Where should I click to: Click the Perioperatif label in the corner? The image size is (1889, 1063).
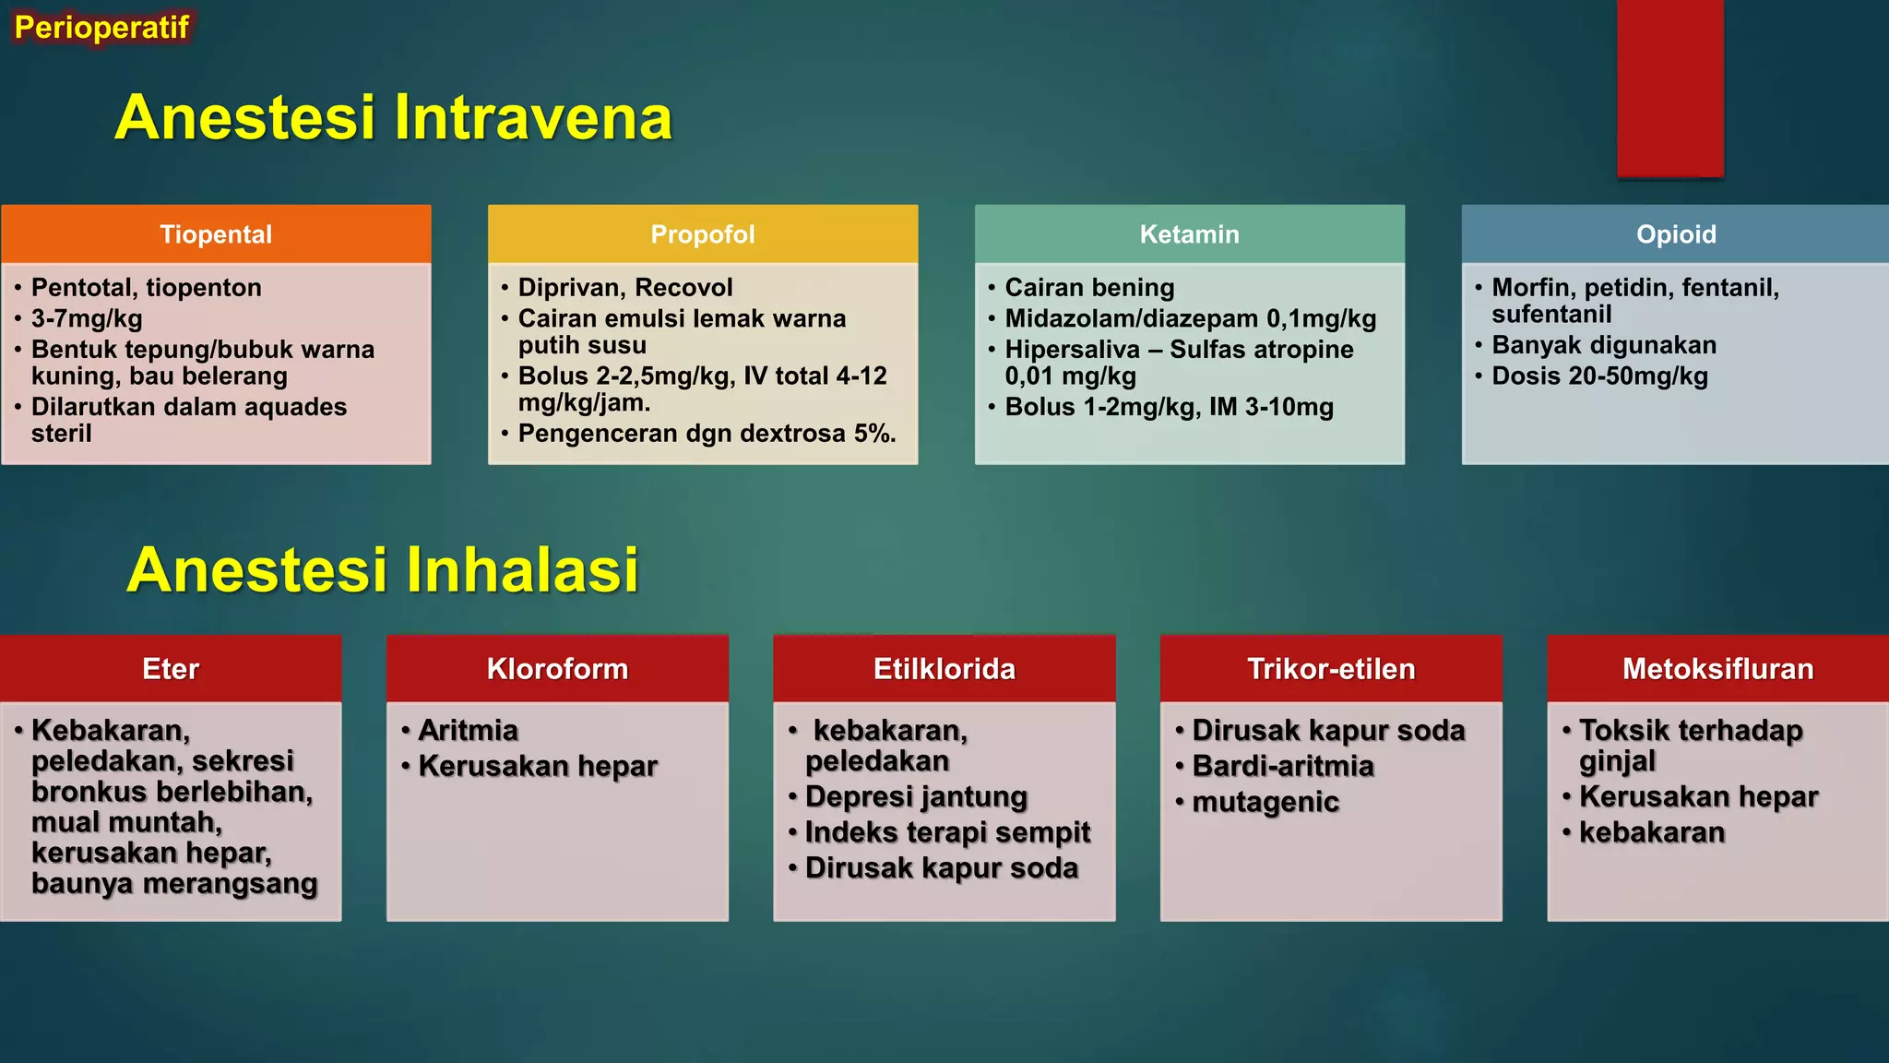coord(101,28)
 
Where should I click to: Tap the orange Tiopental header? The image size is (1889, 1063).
coord(216,234)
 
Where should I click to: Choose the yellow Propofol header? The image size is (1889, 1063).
coord(703,234)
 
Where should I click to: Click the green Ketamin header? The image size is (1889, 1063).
coord(1189,234)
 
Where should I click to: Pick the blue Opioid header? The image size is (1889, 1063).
coord(1675,234)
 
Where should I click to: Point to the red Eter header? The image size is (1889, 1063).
coord(171,669)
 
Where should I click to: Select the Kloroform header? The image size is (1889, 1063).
coord(557,669)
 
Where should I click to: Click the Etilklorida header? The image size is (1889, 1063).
coord(944,669)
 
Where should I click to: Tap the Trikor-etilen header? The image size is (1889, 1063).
coord(1330,669)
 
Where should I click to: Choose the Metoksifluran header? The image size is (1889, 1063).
coord(1717,669)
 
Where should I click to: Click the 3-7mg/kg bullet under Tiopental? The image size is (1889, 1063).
coord(87,319)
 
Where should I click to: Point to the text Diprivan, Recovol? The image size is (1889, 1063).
coord(625,288)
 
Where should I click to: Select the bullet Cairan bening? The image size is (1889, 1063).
coord(1089,288)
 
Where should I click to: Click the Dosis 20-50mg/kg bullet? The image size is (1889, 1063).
coord(1599,376)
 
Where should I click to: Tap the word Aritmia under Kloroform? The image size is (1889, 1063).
coord(468,731)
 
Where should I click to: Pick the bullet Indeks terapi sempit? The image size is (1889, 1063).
coord(947,832)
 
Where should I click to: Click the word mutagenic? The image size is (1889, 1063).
coord(1265,802)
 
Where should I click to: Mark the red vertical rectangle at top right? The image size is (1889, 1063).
coord(1669,88)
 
